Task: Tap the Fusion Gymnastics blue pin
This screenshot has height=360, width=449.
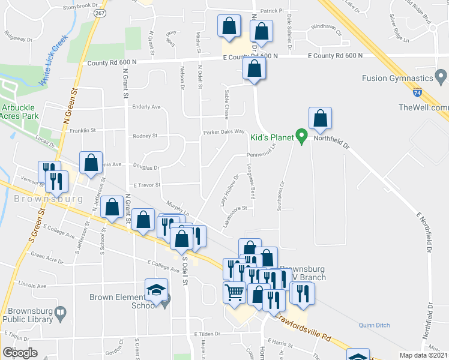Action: (441, 77)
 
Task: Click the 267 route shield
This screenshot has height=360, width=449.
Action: (100, 13)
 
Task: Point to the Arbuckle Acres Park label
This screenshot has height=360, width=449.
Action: (20, 112)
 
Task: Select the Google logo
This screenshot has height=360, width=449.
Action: (20, 353)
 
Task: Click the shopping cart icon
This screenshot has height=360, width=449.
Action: (234, 292)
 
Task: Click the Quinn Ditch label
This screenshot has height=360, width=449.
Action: (375, 325)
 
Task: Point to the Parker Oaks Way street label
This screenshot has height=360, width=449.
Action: (224, 131)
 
